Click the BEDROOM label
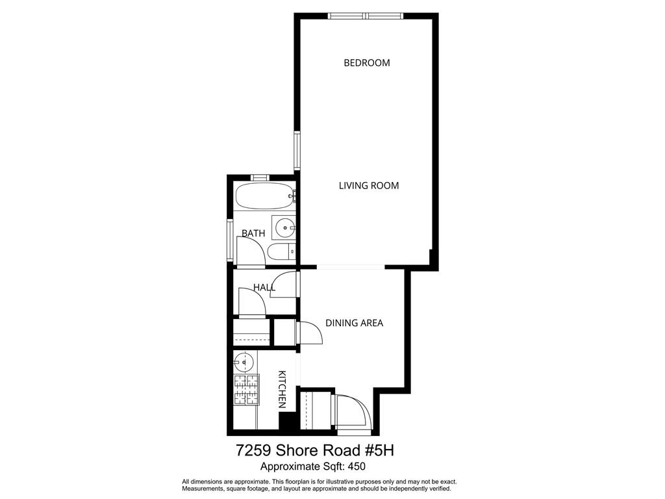[366, 63]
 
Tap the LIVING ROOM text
[368, 186]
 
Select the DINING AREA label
[354, 323]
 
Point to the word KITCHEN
[282, 389]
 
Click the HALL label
[264, 287]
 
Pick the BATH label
[253, 233]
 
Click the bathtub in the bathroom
[264, 195]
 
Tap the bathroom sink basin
[284, 227]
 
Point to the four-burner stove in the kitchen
[246, 390]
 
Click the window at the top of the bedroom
[366, 16]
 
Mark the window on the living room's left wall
[297, 151]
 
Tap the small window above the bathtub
[260, 177]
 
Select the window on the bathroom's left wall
[229, 240]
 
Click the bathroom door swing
[249, 250]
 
